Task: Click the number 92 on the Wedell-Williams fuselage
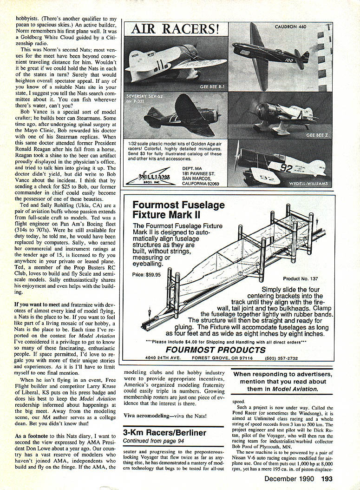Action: tap(286, 168)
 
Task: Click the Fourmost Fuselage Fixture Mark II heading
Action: tap(178, 210)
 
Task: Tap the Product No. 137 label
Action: tap(301, 278)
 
